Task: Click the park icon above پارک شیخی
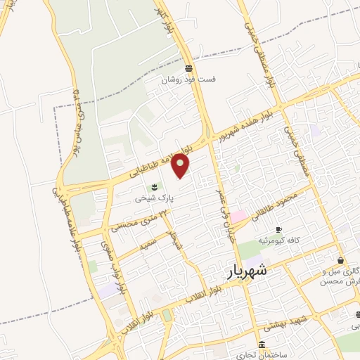coord(154,188)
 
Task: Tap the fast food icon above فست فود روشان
coord(188,69)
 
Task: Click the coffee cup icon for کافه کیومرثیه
coord(278,230)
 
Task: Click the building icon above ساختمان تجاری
coord(262,345)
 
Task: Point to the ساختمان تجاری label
coord(262,354)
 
